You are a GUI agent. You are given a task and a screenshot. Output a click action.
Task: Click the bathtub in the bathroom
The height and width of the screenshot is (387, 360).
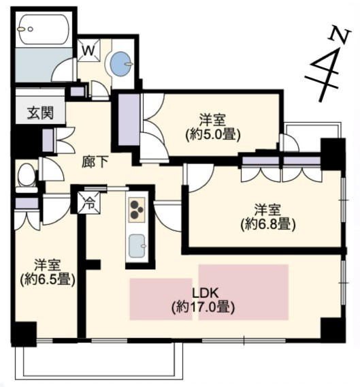coord(44,29)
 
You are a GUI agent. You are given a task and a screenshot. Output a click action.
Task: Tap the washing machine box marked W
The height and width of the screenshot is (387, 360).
coord(88,50)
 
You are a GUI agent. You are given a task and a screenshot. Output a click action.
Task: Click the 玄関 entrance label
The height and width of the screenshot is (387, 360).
coord(40,113)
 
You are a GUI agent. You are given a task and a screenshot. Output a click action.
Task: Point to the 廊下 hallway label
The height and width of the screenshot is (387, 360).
coord(95,162)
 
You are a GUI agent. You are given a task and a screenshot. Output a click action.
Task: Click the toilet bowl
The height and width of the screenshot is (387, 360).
coord(27,176)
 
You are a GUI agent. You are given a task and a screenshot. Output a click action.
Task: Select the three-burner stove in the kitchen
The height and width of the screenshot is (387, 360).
coord(136,210)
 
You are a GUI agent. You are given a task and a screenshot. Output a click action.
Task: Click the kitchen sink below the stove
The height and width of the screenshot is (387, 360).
coord(137,246)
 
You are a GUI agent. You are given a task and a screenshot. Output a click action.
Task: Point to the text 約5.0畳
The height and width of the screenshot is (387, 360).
coord(213,135)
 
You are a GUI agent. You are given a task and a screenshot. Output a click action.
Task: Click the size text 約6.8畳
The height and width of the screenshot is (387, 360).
coord(267,225)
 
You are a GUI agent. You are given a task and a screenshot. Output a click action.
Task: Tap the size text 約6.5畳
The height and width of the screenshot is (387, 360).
coord(48,280)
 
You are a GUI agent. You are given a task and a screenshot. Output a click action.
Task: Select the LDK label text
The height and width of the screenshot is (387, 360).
coord(205,293)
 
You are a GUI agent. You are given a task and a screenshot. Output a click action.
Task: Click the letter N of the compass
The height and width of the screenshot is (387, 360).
coord(340,34)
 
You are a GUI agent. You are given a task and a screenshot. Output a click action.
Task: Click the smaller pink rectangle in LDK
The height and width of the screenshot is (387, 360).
coord(161,299)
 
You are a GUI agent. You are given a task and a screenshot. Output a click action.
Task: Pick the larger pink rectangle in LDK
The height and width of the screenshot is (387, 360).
coord(244,292)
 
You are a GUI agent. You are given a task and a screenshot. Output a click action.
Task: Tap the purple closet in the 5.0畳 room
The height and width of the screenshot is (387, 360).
coord(129,119)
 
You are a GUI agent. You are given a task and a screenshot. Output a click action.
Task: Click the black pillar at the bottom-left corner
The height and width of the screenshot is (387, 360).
coord(24,334)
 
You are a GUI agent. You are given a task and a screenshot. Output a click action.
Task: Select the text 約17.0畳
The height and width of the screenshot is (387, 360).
coord(203,307)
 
